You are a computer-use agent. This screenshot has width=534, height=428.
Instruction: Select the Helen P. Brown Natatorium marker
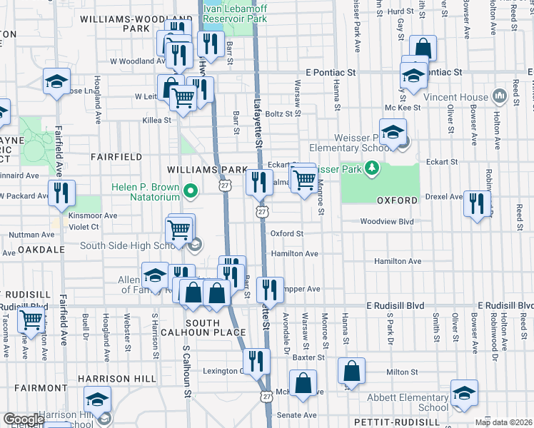(x=190, y=191)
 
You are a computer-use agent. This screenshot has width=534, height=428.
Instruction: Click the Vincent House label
(x=454, y=96)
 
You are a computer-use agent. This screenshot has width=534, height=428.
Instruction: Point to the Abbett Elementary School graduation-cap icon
(x=464, y=394)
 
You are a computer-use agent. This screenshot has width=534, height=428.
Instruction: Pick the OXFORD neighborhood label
(x=396, y=200)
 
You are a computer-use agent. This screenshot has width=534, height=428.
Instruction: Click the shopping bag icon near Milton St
(x=351, y=372)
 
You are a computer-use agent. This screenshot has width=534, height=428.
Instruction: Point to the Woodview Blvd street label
(x=387, y=222)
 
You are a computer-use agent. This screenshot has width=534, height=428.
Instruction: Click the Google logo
(x=23, y=419)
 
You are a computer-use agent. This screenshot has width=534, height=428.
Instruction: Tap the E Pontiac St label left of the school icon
(x=330, y=73)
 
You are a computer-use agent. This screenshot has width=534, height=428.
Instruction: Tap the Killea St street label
(x=157, y=121)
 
